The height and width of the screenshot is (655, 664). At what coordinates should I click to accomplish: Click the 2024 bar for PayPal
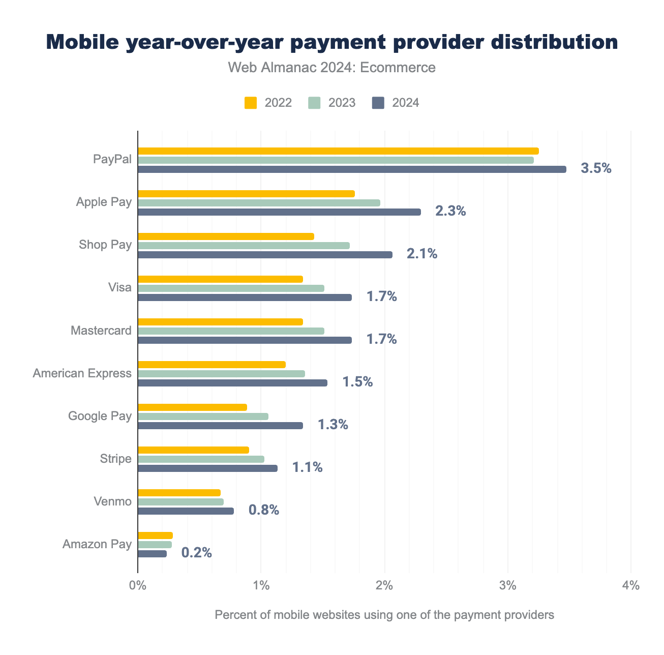[x=352, y=169]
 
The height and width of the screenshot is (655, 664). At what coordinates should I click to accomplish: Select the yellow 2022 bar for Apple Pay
[x=246, y=194]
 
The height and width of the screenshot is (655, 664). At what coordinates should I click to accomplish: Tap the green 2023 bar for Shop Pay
[x=244, y=246]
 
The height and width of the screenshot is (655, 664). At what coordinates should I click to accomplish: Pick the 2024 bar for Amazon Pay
[x=152, y=554]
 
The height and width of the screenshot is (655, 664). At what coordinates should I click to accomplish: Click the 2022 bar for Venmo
[x=179, y=493]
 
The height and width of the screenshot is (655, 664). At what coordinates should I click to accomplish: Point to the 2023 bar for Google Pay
[x=203, y=416]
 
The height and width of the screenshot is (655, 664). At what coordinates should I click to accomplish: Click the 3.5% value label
[x=596, y=169]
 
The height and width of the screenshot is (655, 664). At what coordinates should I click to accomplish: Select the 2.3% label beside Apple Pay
[x=450, y=212]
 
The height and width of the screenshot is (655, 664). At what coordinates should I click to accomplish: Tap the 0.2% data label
[x=196, y=553]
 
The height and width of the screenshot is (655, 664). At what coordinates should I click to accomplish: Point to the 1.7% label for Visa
[x=381, y=297]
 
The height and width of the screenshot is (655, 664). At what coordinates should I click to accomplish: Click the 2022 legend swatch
[x=251, y=103]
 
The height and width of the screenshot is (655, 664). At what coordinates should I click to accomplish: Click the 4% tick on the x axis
[x=630, y=586]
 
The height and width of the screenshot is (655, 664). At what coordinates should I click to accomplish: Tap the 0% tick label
[x=138, y=586]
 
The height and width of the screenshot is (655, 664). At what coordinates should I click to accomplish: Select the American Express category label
[x=82, y=374]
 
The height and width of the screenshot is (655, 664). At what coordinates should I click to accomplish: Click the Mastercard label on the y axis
[x=101, y=331]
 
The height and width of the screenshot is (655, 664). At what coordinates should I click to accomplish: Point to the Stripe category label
[x=116, y=459]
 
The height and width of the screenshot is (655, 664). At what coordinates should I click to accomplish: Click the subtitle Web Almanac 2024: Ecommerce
[x=331, y=68]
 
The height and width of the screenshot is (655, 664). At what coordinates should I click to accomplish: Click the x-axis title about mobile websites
[x=384, y=615]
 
